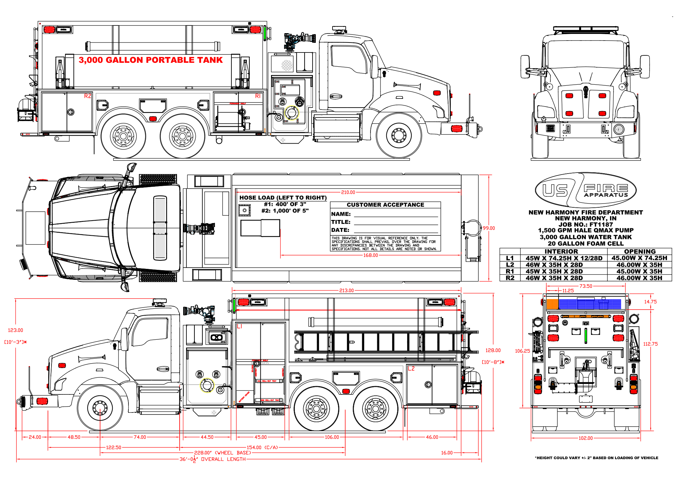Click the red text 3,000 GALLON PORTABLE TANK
[x=151, y=60]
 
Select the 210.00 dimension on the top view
[x=348, y=192]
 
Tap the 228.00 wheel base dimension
[x=222, y=453]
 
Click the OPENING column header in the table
[x=640, y=251]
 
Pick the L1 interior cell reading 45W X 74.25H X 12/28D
[x=564, y=258]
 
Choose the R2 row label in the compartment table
[x=510, y=278]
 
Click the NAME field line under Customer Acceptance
[x=396, y=214]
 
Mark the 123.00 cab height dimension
[x=15, y=330]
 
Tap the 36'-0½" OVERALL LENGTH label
[x=212, y=459]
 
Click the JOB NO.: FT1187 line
[x=586, y=224]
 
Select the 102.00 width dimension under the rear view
[x=586, y=438]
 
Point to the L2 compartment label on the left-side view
[x=411, y=369]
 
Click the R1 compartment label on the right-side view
[x=258, y=96]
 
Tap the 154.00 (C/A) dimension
[x=262, y=447]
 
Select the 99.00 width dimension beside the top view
[x=489, y=228]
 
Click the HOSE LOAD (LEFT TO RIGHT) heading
[x=283, y=198]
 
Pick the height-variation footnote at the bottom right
[x=596, y=458]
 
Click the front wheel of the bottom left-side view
[x=100, y=408]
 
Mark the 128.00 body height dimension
[x=493, y=350]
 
